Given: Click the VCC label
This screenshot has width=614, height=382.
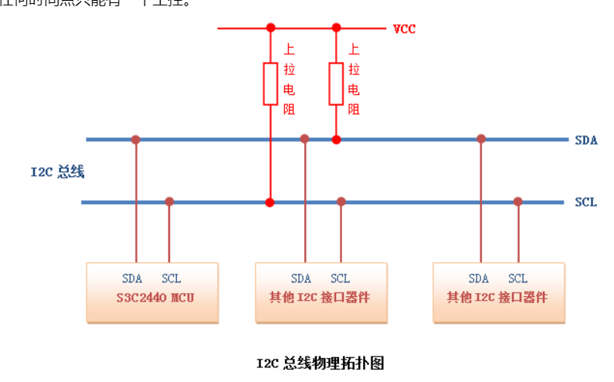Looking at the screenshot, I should click(x=405, y=29).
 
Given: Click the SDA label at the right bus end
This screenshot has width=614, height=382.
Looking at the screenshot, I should click(x=586, y=140).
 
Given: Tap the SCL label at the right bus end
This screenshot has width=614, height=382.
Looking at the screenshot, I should click(x=586, y=202).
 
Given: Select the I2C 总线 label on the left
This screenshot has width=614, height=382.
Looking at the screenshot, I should click(x=57, y=172).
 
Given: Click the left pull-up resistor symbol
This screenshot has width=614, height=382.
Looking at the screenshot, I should click(x=270, y=84).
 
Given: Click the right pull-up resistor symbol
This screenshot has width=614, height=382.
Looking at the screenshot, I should click(x=336, y=84).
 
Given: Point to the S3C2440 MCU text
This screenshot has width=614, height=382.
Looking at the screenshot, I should click(x=152, y=296).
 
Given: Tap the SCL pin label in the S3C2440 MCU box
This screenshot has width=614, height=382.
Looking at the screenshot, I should click(x=171, y=278).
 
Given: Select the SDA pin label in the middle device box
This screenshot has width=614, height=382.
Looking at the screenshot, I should click(x=301, y=278).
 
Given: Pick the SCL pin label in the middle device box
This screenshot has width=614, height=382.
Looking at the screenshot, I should click(x=340, y=278).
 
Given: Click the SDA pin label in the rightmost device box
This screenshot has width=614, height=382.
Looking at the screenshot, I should click(x=479, y=278).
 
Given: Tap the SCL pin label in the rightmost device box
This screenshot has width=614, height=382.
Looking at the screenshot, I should click(x=518, y=278).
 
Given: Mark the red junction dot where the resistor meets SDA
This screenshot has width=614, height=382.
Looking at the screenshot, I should click(x=336, y=140).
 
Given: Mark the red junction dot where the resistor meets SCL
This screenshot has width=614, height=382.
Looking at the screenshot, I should click(x=270, y=203).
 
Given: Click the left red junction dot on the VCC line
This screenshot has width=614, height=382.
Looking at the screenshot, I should click(x=270, y=28).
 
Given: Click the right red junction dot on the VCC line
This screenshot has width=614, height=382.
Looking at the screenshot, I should click(x=336, y=28).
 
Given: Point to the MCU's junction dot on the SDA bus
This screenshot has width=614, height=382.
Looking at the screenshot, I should click(x=136, y=139).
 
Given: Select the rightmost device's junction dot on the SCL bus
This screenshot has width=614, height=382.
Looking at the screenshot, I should click(x=518, y=202).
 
